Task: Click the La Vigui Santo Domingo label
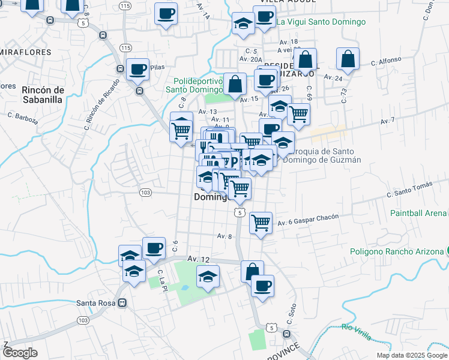tap(321, 22)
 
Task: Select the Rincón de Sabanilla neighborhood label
tap(42, 95)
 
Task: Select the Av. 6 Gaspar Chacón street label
tap(308, 220)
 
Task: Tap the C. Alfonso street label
tap(385, 62)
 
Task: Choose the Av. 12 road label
tap(199, 259)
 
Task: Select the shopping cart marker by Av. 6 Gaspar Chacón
tap(261, 223)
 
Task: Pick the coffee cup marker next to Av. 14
tap(166, 13)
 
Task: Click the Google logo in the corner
tap(20, 353)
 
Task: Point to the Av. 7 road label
tap(388, 121)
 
